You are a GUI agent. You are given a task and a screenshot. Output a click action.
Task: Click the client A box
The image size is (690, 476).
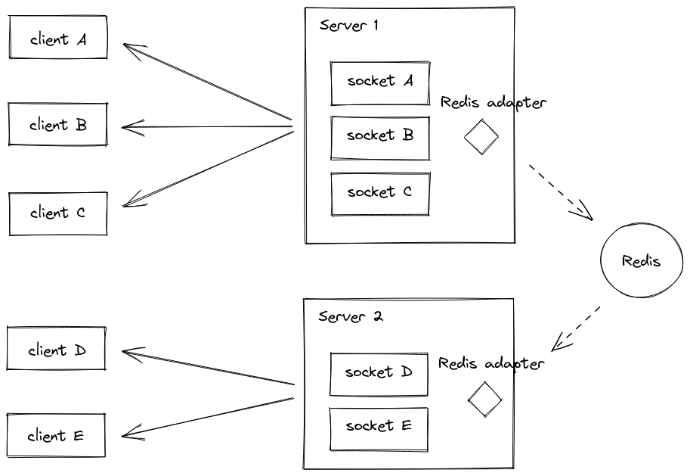[x=58, y=38]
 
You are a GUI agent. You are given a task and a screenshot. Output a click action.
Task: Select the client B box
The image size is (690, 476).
[x=58, y=125]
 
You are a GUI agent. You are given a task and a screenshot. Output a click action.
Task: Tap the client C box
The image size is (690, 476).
[x=58, y=213]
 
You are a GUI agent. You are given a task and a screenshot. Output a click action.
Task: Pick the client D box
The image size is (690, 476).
[x=57, y=350]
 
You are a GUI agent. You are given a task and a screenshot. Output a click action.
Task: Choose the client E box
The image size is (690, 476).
[x=56, y=436]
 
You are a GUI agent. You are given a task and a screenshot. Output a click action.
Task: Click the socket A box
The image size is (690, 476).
[x=380, y=82]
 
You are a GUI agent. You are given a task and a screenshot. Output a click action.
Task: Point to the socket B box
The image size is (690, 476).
[x=380, y=137]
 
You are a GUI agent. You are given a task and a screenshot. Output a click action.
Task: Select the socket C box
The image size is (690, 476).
[x=380, y=193]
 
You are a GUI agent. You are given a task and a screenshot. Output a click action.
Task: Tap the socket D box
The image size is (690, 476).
[x=379, y=373]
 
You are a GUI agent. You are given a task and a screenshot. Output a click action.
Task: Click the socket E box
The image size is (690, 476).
[x=379, y=428]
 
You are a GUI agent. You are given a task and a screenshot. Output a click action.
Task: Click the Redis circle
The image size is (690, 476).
[x=641, y=261]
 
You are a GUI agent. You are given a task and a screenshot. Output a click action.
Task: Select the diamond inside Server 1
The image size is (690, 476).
[x=481, y=138]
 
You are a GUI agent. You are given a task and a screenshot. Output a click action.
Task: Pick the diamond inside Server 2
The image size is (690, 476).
[x=484, y=399]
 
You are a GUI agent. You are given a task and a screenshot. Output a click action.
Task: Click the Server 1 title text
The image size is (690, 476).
[x=348, y=25]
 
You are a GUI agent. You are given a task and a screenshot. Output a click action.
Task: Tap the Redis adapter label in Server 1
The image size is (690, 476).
[x=493, y=103]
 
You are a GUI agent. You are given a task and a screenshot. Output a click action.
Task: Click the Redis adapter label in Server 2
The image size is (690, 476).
[x=490, y=364]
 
